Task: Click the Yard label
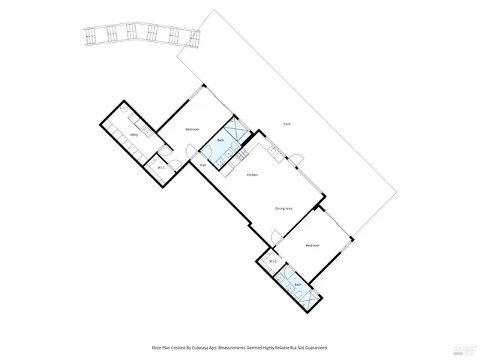point(287,124)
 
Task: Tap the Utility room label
point(133,135)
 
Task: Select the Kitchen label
point(253,175)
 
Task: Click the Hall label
point(203,164)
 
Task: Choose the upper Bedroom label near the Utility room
point(192,130)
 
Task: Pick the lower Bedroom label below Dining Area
point(313,246)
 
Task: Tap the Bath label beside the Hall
point(220,140)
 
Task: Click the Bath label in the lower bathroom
point(298,285)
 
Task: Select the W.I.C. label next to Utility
point(161,166)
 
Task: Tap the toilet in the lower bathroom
point(281,278)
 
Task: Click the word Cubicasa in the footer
point(195,348)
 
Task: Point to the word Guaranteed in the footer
point(315,348)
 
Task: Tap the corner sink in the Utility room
point(150,132)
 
